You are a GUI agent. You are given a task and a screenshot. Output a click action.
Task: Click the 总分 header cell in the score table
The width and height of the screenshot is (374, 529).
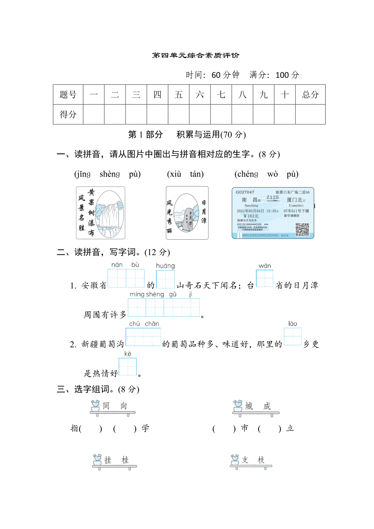tap(310, 95)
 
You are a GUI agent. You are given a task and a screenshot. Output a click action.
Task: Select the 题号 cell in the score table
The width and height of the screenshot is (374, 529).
tap(68, 95)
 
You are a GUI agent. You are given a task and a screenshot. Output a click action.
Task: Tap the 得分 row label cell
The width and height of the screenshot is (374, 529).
tap(68, 114)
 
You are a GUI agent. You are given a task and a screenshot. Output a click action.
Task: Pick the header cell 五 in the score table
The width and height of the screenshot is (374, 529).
tap(178, 95)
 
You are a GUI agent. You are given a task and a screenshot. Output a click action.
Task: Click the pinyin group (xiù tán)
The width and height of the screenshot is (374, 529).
tap(185, 174)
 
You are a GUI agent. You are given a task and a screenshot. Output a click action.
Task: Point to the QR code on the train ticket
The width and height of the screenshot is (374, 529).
tap(302, 229)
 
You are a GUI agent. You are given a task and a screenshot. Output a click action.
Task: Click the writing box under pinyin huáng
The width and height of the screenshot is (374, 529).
tap(165, 279)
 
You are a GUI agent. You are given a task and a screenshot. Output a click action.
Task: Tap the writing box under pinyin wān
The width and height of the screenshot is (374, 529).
tap(265, 279)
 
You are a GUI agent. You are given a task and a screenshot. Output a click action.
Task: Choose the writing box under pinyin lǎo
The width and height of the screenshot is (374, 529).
tap(293, 337)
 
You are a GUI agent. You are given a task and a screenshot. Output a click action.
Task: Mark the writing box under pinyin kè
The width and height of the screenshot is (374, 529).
tap(128, 367)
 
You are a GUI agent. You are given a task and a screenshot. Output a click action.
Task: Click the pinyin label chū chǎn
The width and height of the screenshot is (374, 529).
tap(144, 323)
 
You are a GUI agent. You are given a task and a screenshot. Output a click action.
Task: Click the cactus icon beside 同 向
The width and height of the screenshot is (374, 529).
tap(96, 405)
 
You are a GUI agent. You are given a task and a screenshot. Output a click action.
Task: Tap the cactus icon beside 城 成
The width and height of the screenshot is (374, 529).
tap(238, 405)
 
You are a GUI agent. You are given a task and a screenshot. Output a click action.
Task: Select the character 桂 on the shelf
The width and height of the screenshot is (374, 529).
tap(125, 460)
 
